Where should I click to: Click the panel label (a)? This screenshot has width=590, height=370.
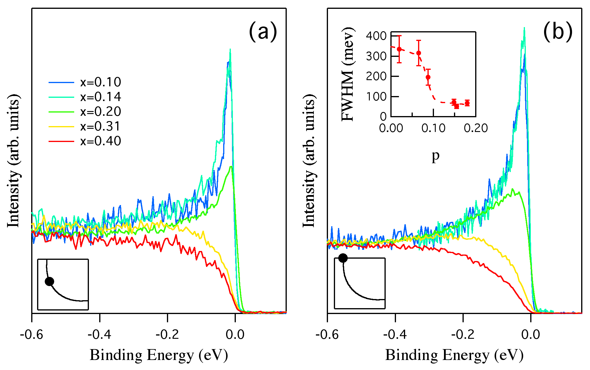[263, 32]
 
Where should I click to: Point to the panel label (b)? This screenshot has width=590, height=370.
[558, 32]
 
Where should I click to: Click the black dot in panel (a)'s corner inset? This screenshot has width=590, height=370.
[49, 281]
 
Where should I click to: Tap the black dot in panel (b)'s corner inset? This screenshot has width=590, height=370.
[343, 258]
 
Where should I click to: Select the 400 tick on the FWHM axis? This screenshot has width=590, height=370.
[376, 36]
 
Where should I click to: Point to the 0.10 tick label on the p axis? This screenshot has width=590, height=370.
[433, 128]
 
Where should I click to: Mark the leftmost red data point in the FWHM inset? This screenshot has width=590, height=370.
[399, 49]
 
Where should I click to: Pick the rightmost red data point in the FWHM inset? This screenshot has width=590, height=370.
[467, 103]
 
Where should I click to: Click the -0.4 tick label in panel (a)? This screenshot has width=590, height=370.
[100, 334]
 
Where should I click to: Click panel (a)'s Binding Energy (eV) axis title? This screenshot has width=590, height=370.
[159, 355]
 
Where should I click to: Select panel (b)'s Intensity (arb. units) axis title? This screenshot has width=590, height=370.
[309, 161]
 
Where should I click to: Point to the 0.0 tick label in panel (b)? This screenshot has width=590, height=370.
[531, 334]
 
